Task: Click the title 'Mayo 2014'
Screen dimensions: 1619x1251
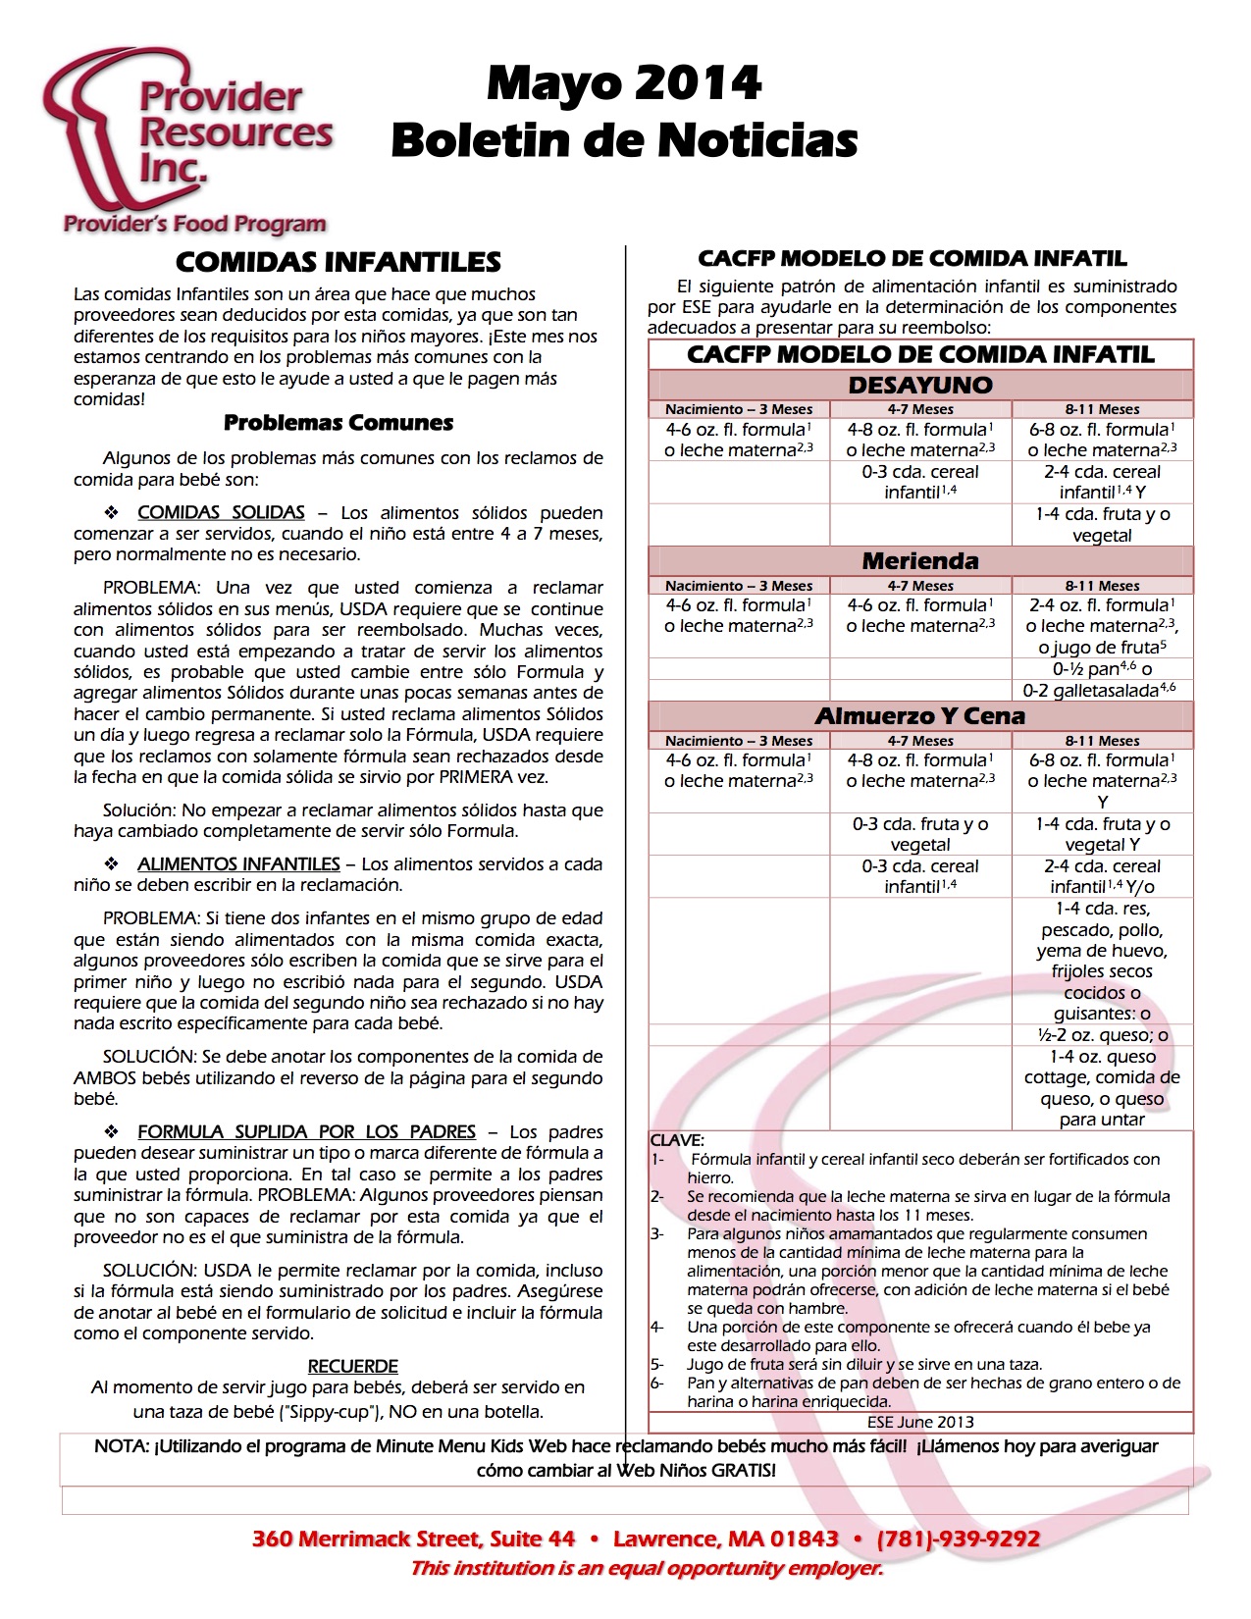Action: point(624,83)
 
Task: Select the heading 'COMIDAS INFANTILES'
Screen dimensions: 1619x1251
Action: point(338,262)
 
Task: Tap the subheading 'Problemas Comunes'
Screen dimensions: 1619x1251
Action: point(338,423)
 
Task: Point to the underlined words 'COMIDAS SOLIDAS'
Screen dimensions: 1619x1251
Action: point(221,512)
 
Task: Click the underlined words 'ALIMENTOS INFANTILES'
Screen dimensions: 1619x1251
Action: point(238,864)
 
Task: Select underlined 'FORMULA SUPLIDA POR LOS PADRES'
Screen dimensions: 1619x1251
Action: point(306,1131)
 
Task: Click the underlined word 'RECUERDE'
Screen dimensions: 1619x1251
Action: point(353,1366)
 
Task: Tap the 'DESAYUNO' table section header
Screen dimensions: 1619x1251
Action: point(920,385)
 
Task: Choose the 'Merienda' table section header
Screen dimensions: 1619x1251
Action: point(920,561)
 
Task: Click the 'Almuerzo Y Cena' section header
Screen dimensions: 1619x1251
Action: point(920,716)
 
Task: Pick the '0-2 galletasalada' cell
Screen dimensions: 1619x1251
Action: point(1101,690)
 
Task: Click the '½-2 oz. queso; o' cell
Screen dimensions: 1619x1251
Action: point(1103,1035)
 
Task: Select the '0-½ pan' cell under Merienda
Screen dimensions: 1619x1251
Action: point(1102,669)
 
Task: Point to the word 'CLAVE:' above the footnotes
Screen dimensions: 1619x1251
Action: point(677,1140)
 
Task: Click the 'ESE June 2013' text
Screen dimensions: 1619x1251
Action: point(920,1422)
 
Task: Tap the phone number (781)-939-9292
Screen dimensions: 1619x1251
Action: point(959,1539)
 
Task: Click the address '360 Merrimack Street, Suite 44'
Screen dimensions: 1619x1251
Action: point(413,1539)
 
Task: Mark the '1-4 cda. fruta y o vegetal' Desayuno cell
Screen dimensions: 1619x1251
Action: point(1103,525)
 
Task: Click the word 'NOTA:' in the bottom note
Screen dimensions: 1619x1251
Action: point(122,1446)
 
